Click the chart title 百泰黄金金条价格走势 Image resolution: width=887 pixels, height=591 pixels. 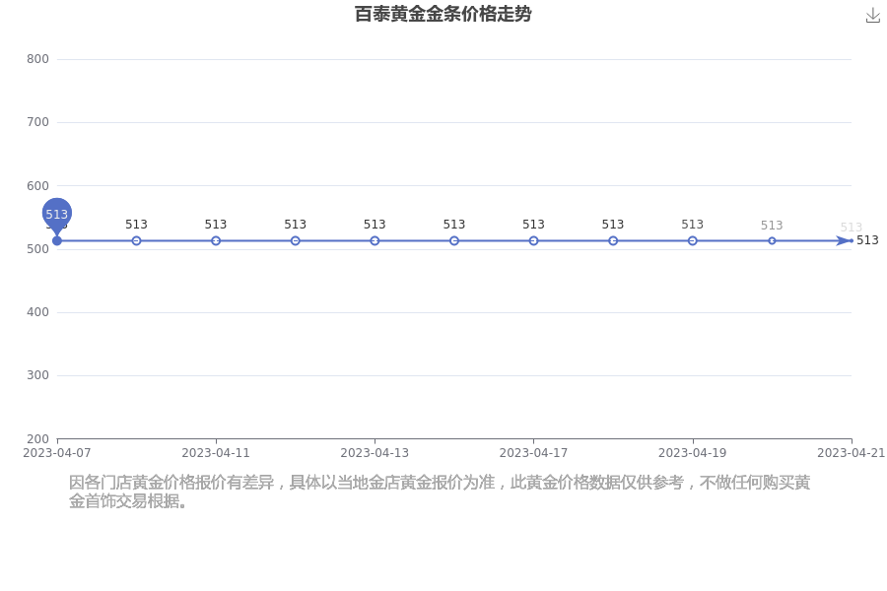pyautogui.click(x=443, y=14)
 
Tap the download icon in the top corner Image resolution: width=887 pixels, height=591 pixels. pyautogui.click(x=873, y=16)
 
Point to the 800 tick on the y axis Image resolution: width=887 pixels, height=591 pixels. pyautogui.click(x=37, y=59)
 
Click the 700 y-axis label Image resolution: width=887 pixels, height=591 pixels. pyautogui.click(x=37, y=122)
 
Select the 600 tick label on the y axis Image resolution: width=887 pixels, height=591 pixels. pyautogui.click(x=37, y=185)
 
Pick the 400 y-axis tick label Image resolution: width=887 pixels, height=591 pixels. pyautogui.click(x=37, y=312)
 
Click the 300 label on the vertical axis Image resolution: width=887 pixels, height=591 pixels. pyautogui.click(x=37, y=375)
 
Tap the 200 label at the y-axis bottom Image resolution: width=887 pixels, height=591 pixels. pyautogui.click(x=37, y=439)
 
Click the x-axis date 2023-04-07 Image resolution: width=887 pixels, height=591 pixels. pyautogui.click(x=56, y=453)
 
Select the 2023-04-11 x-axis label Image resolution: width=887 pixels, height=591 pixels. pyautogui.click(x=216, y=453)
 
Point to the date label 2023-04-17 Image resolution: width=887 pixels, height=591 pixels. pyautogui.click(x=533, y=453)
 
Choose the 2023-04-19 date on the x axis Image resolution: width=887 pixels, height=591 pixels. pyautogui.click(x=693, y=453)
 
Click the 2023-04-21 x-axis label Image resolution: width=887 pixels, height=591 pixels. pyautogui.click(x=851, y=453)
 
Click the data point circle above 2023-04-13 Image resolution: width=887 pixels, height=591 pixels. pyautogui.click(x=375, y=241)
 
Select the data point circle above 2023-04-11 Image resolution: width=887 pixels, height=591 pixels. pyautogui.click(x=216, y=241)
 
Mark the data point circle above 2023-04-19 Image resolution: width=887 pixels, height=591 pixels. pyautogui.click(x=693, y=241)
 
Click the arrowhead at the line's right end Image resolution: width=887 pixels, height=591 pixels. pyautogui.click(x=844, y=241)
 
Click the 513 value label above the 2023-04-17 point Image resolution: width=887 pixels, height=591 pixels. pyautogui.click(x=533, y=225)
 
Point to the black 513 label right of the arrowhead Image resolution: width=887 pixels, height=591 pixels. pyautogui.click(x=867, y=240)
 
